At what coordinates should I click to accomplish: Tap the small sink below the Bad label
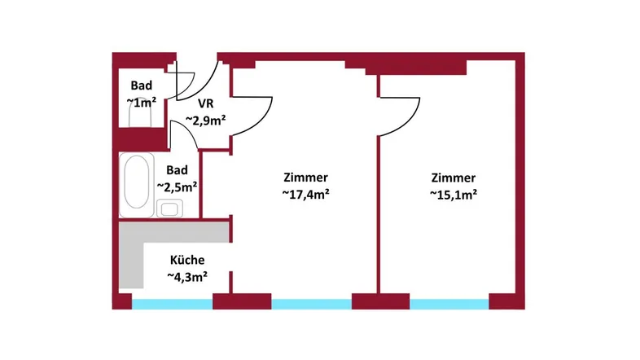click(x=170, y=208)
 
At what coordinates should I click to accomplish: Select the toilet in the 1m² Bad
click(x=142, y=117)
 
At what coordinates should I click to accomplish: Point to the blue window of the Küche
click(x=172, y=304)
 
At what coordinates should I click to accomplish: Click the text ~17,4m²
click(x=305, y=195)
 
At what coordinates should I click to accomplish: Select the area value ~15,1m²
click(x=453, y=195)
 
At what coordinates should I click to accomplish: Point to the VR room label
click(x=205, y=104)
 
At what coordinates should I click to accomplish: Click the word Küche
click(x=187, y=261)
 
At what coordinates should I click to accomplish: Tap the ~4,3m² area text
click(x=187, y=277)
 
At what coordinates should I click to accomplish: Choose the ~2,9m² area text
click(x=205, y=120)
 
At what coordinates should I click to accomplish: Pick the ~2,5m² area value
click(x=178, y=187)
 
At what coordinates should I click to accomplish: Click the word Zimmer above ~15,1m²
click(x=453, y=178)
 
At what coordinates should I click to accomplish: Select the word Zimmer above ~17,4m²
click(x=305, y=178)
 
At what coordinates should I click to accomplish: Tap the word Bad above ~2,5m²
click(x=177, y=170)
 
